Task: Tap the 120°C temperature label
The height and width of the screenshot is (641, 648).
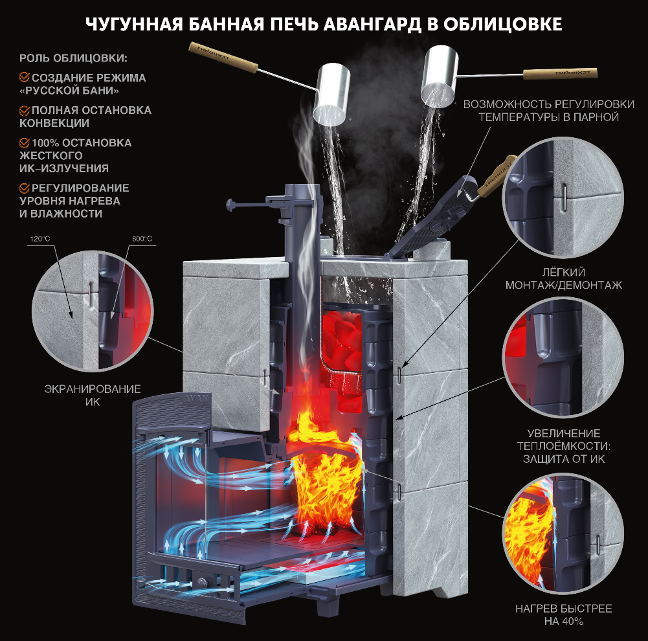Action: (x=39, y=239)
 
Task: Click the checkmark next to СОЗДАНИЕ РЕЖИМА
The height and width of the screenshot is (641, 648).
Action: (x=24, y=78)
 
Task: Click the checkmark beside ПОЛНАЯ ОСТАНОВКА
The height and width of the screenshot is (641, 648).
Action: (x=24, y=110)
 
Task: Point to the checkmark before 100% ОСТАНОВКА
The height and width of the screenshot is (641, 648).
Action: (x=24, y=142)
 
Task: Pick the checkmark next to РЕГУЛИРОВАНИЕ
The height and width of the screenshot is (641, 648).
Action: (x=24, y=188)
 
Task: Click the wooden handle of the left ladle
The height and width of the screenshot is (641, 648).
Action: (x=223, y=54)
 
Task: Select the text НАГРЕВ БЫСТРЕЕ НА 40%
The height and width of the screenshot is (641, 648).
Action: (x=563, y=615)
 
